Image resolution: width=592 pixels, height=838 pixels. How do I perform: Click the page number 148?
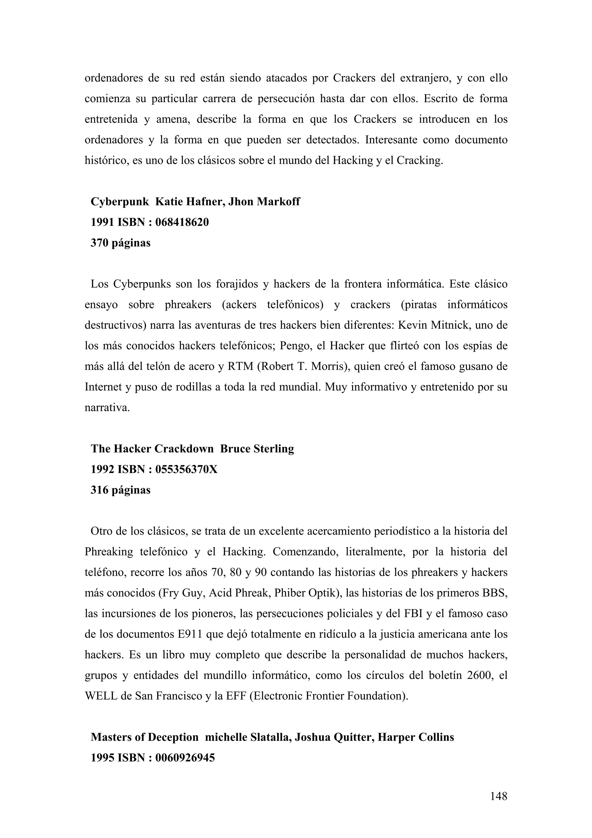499,796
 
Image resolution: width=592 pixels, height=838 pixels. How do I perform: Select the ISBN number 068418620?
182,222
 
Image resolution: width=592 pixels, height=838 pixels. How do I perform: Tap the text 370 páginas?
120,243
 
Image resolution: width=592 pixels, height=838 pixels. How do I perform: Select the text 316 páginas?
120,490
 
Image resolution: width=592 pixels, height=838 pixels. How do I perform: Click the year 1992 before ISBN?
103,469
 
